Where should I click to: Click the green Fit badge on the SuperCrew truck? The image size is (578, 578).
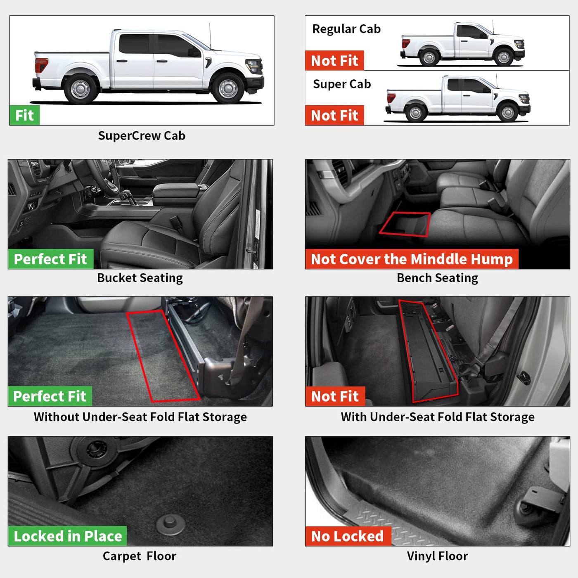tap(24, 115)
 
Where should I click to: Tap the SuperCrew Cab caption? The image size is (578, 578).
tap(142, 136)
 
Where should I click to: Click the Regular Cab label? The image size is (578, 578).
tap(346, 29)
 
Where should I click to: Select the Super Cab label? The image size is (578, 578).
tap(342, 84)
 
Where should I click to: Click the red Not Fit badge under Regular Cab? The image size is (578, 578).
tap(334, 60)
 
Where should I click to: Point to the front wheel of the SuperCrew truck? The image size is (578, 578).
tap(228, 88)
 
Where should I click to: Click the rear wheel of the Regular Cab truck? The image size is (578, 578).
tap(429, 57)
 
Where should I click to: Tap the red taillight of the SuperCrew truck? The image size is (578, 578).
tap(41, 65)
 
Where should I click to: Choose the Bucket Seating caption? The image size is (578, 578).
tap(140, 278)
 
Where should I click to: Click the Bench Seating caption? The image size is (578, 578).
tap(437, 278)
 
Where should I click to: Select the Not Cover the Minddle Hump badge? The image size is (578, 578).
tap(412, 259)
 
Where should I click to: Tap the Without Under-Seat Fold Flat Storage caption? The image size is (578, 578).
tap(140, 417)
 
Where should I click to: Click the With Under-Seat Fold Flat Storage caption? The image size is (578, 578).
tap(438, 417)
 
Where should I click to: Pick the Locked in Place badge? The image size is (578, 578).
tap(67, 536)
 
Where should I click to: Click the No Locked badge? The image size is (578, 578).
tap(348, 536)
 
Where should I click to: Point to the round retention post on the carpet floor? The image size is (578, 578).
tap(171, 525)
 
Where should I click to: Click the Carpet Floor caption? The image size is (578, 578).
tap(140, 556)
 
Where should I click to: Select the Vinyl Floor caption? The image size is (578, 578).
tap(437, 556)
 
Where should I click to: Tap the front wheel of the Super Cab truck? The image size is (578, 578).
tap(508, 112)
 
